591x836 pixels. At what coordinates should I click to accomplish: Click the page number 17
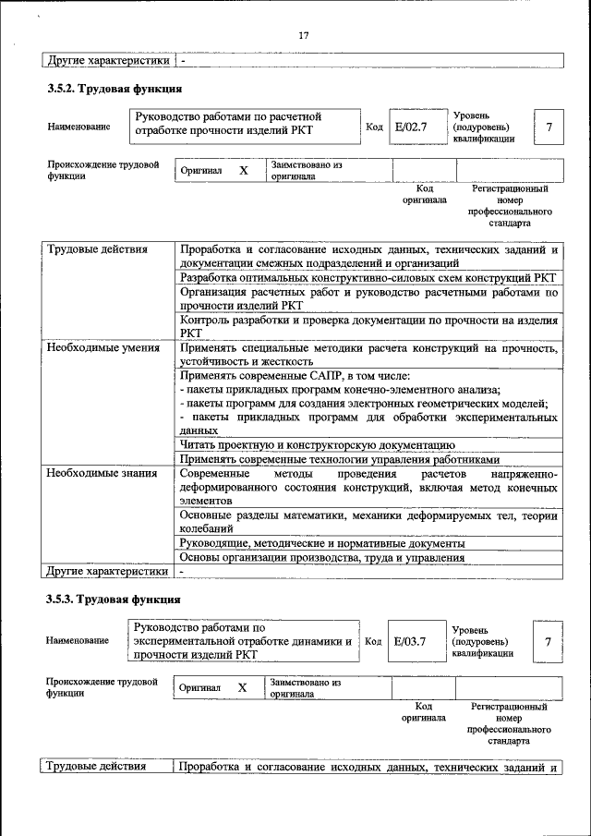303,36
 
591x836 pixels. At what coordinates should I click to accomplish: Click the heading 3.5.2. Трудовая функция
114,90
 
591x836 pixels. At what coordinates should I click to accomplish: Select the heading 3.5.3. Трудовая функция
114,600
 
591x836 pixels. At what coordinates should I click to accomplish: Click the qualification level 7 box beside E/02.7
549,126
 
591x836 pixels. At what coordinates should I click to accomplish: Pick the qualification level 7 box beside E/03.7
549,640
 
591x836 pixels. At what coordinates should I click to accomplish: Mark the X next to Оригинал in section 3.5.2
244,171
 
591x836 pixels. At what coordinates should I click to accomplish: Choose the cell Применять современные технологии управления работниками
340,459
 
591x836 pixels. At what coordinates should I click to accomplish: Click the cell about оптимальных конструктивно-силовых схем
368,277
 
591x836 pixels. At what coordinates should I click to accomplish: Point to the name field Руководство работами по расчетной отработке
242,124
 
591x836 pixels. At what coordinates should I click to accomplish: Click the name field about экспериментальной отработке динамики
242,640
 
